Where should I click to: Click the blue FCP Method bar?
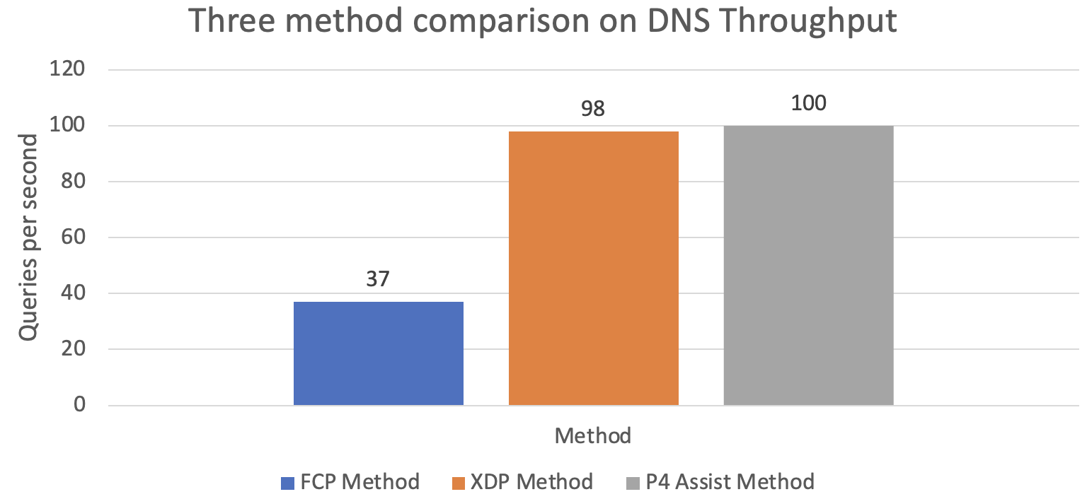379,353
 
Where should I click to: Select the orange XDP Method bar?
593,268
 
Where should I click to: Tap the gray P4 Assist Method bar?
808,265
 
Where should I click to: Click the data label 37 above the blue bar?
378,278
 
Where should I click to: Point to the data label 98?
593,109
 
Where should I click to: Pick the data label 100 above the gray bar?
808,103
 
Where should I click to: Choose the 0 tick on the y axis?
79,405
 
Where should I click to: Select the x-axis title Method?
592,435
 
